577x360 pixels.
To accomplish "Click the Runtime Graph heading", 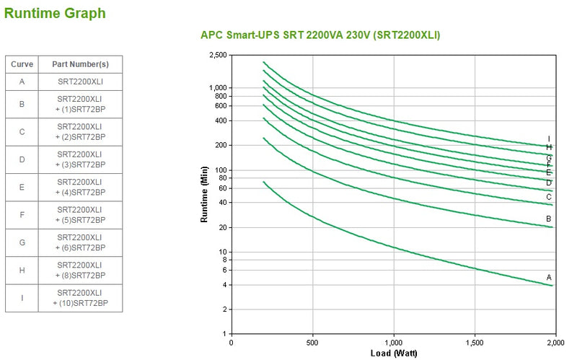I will point(54,13).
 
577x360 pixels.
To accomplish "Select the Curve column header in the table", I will point(22,64).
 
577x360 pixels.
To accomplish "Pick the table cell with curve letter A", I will point(22,82).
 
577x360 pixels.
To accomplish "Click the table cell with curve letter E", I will point(22,187).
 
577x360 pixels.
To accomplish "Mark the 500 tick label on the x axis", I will point(312,341).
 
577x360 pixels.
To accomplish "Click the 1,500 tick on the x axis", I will point(474,341).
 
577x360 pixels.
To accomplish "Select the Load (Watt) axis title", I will point(392,353).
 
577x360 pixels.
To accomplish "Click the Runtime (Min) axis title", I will point(205,195).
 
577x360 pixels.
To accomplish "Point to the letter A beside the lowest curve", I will point(549,277).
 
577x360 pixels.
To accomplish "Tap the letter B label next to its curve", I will point(549,219).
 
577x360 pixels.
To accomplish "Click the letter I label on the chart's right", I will point(549,139).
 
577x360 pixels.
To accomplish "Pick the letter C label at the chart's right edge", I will point(549,196).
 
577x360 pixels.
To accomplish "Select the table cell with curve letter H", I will point(22,270).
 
